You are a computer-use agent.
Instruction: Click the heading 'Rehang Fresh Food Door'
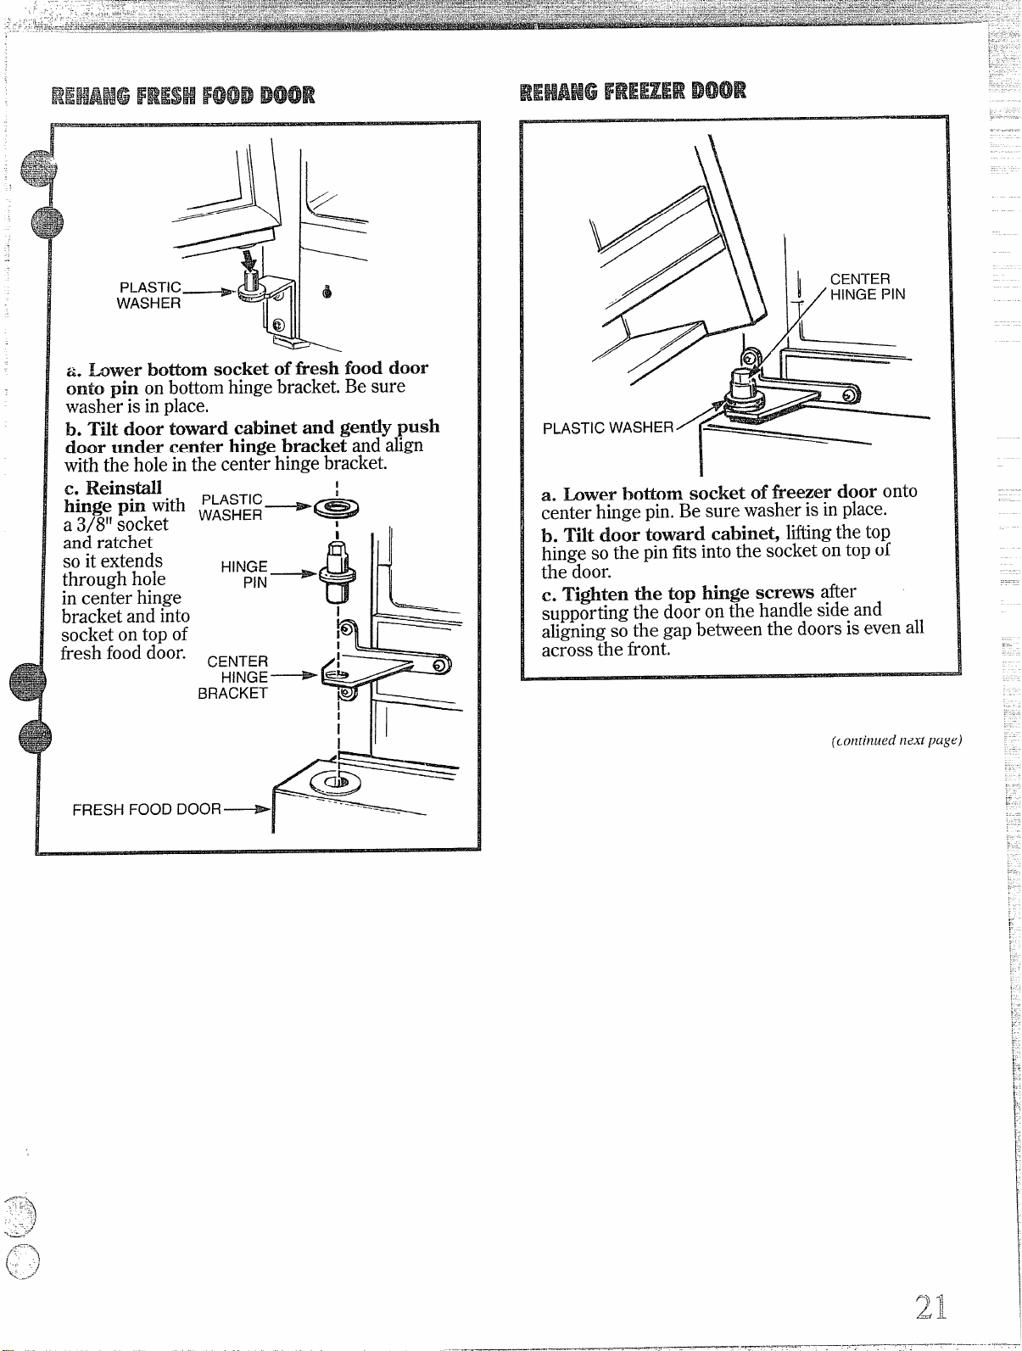[183, 96]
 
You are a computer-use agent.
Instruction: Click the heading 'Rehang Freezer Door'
[634, 91]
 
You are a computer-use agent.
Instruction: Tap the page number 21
[930, 1307]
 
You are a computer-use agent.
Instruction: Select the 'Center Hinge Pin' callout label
[868, 287]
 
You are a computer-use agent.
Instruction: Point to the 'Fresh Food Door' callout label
[147, 809]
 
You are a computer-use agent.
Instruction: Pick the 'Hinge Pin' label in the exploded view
[244, 574]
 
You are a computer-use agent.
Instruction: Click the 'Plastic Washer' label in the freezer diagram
[608, 427]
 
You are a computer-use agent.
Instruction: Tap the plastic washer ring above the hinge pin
[337, 508]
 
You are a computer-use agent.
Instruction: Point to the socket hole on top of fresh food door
[336, 782]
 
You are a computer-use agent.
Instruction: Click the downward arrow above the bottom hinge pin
[249, 259]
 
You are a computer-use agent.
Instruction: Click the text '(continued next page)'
[896, 740]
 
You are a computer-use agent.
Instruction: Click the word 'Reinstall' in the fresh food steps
[124, 488]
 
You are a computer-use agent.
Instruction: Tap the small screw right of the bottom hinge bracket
[327, 291]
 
